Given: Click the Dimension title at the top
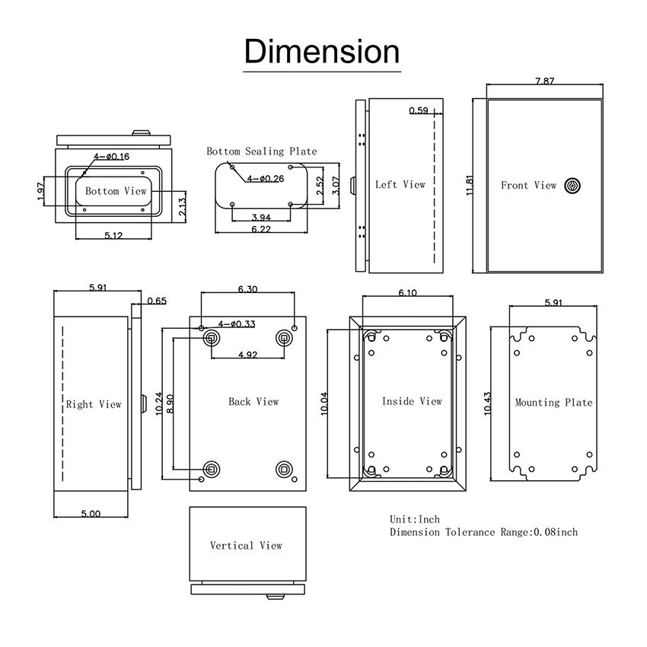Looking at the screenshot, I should [322, 52].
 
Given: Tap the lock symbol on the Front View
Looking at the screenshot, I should [572, 185].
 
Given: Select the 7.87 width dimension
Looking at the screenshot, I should [544, 81].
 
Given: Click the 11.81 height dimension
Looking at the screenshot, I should [470, 186].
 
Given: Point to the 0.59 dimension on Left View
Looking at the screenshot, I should [418, 111].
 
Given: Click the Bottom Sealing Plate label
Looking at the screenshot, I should [262, 151].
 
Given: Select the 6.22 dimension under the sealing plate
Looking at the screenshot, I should [262, 229].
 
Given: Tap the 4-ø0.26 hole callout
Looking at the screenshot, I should [263, 179].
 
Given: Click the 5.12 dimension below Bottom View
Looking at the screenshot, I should [113, 235].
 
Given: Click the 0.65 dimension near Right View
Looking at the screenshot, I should [156, 301].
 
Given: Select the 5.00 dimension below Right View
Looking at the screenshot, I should [90, 514].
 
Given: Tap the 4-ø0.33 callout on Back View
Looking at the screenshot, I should [236, 324].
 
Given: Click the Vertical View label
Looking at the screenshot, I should [246, 545].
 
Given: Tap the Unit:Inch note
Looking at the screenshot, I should [415, 519].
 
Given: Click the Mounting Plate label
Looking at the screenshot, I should [553, 402].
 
